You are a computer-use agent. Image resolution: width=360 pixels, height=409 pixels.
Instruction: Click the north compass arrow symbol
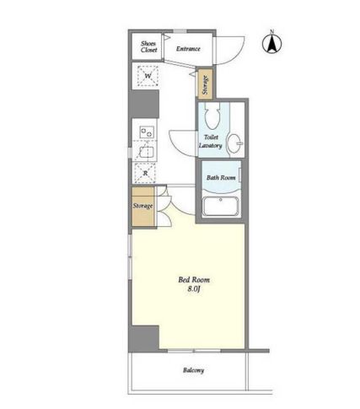point(271,44)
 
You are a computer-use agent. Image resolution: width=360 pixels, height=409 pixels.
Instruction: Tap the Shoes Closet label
point(148,46)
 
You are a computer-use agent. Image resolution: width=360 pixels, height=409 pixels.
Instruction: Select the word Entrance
point(188,49)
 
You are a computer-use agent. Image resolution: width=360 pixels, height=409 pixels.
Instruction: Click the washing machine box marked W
point(148,76)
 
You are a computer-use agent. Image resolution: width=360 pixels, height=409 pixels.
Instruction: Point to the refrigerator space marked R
point(145,173)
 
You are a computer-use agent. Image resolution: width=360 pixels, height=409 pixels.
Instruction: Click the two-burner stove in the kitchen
point(148,132)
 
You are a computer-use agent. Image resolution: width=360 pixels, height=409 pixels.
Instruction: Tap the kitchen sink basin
point(146,152)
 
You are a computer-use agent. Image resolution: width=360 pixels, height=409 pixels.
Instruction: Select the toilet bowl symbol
point(212,116)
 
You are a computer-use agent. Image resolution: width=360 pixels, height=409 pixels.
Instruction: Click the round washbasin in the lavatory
point(234,143)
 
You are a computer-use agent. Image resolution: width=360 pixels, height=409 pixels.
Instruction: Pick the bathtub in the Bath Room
point(221,207)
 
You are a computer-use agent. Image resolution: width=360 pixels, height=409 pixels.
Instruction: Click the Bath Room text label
point(221,178)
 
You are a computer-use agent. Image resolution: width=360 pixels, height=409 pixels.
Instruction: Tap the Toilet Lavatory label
point(211,142)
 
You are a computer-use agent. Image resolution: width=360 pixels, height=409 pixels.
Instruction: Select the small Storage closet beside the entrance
point(206,84)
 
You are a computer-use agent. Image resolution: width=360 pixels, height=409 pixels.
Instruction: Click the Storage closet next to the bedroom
point(143,207)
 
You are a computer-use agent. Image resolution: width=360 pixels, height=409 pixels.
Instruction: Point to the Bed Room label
point(194,280)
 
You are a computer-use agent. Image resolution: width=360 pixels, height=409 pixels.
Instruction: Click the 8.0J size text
point(194,289)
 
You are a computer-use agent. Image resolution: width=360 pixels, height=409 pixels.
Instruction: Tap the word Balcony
point(194,370)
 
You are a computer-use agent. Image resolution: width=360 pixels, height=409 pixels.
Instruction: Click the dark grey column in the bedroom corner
point(145,338)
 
